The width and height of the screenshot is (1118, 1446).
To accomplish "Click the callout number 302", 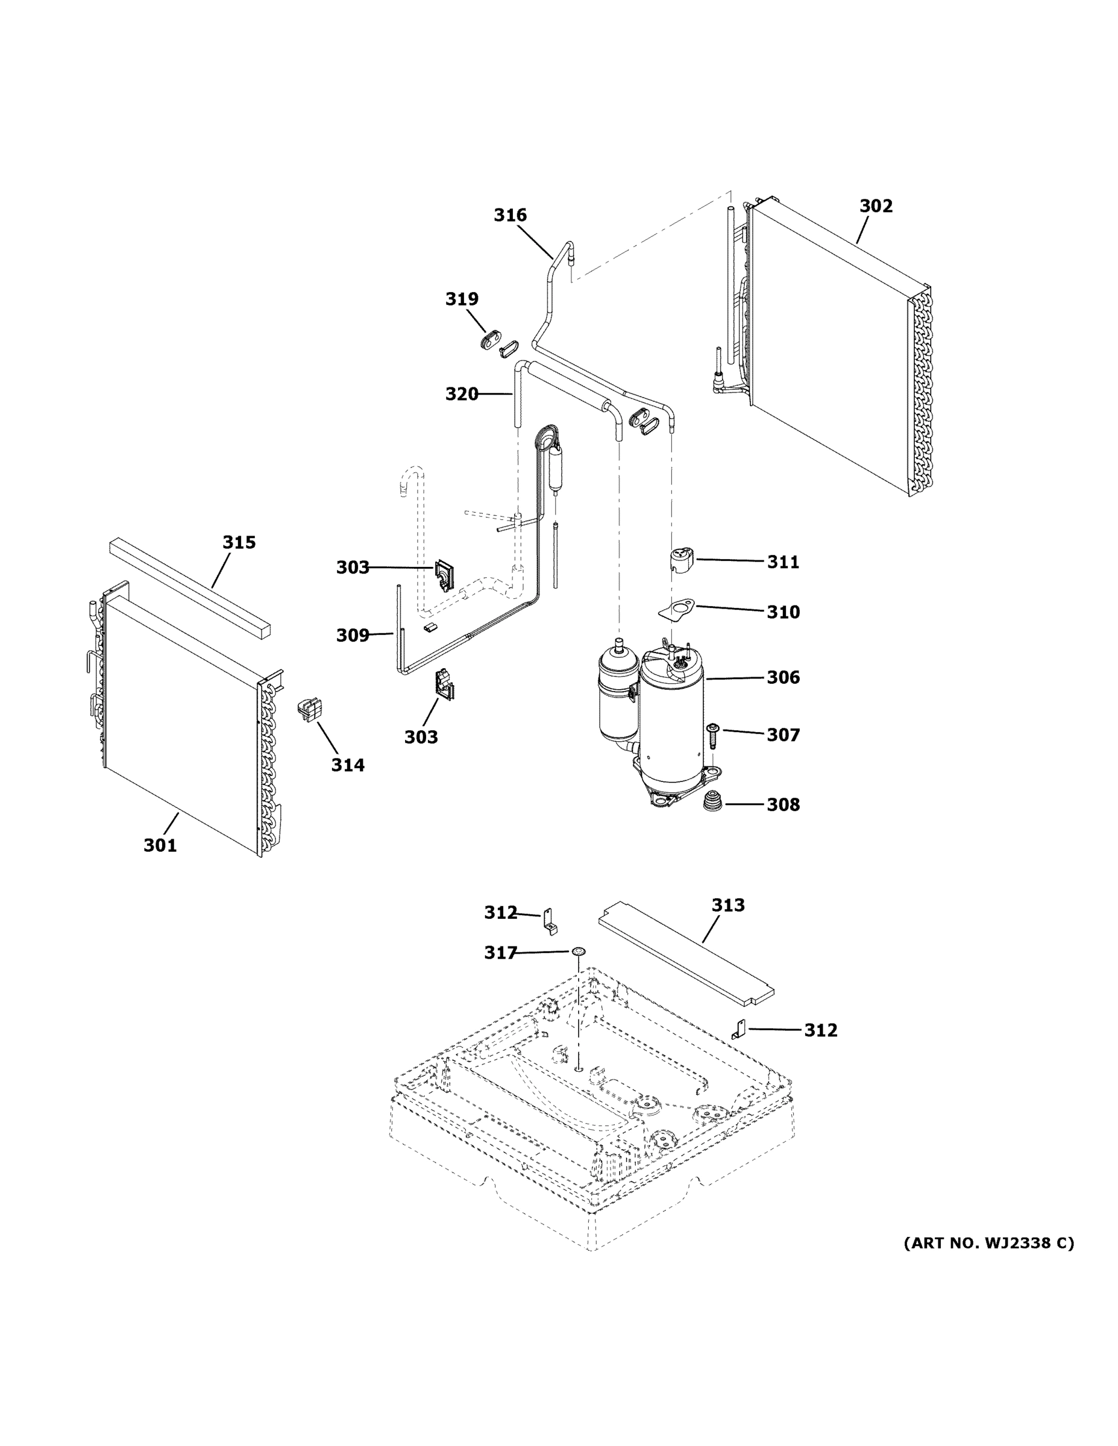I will pos(876,207).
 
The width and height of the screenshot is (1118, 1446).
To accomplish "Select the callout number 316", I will pos(510,215).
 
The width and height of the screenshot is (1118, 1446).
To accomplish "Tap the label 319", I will pos(462,299).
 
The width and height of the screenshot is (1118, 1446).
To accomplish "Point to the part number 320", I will pos(461,395).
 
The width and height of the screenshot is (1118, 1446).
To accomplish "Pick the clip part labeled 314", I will pos(310,709).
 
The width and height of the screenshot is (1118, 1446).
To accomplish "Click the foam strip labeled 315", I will pos(190,587).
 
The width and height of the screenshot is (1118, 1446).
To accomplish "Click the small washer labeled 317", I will pos(579,951).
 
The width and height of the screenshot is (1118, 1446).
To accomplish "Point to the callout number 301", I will pos(160,845).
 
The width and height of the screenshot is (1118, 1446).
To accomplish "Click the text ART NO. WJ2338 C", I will pos(989,1244).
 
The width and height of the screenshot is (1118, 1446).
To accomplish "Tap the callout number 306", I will pos(783,677).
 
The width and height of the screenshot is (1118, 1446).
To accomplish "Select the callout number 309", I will pos(353,636).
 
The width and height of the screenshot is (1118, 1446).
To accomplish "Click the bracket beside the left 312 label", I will pos(550,922).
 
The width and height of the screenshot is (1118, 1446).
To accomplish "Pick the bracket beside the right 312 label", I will pos(739,1030).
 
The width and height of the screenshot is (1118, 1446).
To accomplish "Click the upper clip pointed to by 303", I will pos(442,575).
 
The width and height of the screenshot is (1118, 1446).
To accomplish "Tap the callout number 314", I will pos(348,765).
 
